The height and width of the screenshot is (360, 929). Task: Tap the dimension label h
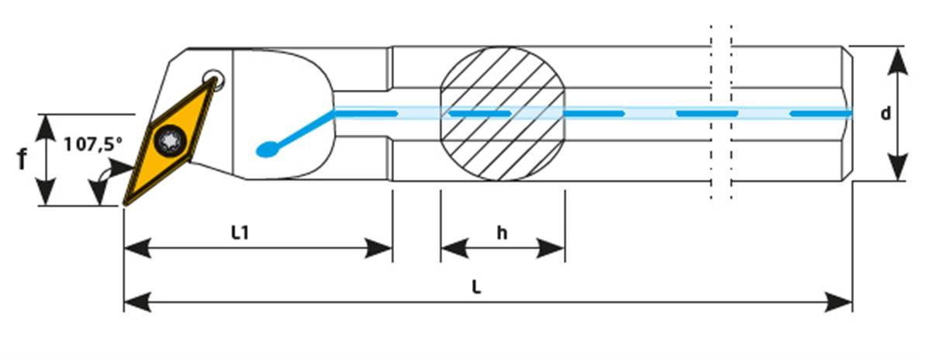502,233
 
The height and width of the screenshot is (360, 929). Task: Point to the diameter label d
885,113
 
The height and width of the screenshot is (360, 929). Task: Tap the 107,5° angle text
93,144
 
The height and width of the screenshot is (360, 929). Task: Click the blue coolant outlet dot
266,149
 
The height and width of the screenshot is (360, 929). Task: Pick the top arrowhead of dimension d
897,59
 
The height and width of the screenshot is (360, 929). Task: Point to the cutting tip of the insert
126,203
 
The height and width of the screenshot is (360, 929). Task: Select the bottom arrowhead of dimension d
897,168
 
